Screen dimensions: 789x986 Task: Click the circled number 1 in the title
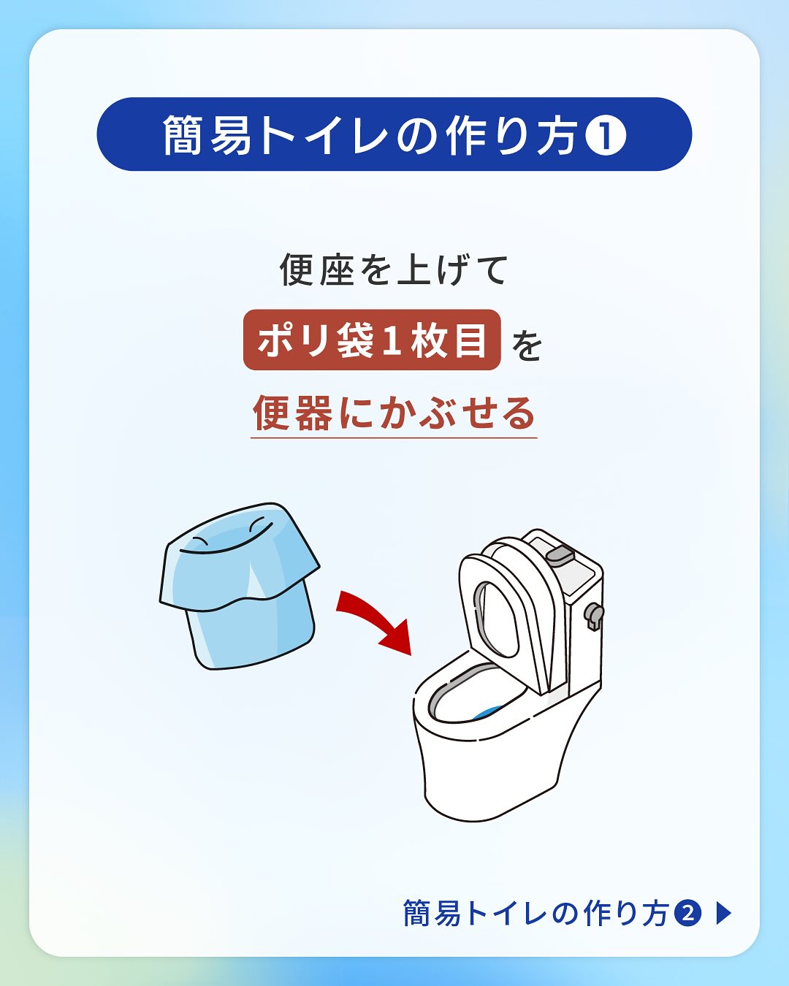click(605, 134)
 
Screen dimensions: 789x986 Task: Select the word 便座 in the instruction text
click(317, 270)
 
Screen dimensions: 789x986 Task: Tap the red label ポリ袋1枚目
click(372, 340)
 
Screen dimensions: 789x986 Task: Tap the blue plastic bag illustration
click(239, 586)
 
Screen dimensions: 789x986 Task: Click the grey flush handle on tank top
click(560, 554)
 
